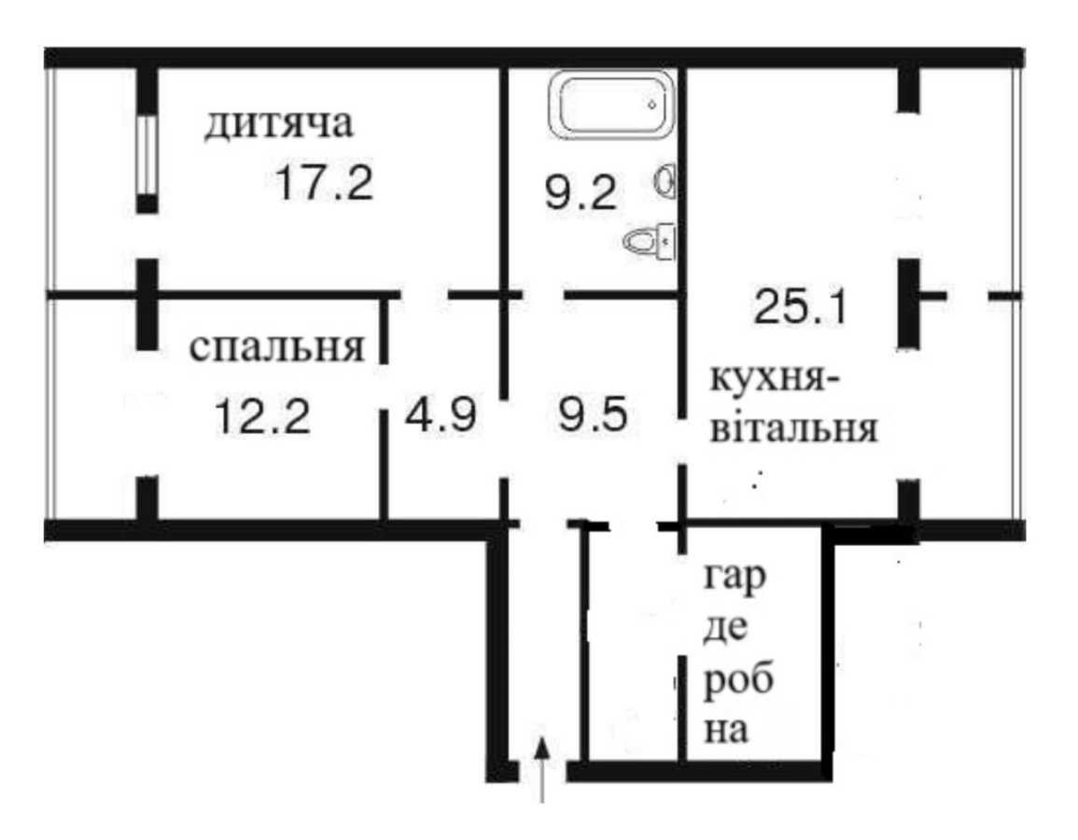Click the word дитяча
click(x=280, y=126)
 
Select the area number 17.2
click(x=324, y=183)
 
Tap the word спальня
click(x=276, y=348)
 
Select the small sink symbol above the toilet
click(x=665, y=180)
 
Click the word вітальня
click(x=794, y=431)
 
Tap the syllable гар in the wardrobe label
click(x=735, y=580)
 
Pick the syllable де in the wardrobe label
click(x=724, y=631)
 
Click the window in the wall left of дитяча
click(x=147, y=155)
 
